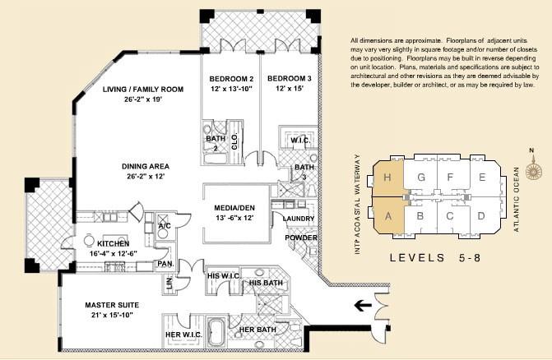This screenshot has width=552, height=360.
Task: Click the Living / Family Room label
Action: point(143,90)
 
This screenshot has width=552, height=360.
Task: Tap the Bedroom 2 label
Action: point(231,78)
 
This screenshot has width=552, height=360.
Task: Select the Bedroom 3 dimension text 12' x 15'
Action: point(290,88)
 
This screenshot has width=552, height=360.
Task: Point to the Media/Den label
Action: point(234,208)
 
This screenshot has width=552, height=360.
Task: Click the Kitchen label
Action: point(114,243)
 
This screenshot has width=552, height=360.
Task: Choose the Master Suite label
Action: point(112,305)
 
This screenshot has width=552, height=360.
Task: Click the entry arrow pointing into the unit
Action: point(364,305)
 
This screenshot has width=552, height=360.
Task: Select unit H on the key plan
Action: point(387,178)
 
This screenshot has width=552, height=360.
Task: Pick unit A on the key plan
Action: point(388,215)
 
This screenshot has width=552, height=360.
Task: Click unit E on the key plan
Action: point(483,177)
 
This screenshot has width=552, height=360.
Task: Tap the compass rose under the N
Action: point(533,170)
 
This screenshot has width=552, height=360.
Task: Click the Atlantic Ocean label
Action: point(517,200)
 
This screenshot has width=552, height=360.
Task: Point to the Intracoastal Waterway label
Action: point(357,205)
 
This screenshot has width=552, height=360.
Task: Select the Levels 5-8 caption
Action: point(435,258)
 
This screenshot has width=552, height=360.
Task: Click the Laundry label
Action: point(299,219)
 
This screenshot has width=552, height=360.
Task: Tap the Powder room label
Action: point(301,238)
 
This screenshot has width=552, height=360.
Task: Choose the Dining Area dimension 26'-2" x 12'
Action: point(146,176)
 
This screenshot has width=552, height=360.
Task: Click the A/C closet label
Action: point(165,226)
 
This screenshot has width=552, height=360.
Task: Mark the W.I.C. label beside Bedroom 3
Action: point(300,141)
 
